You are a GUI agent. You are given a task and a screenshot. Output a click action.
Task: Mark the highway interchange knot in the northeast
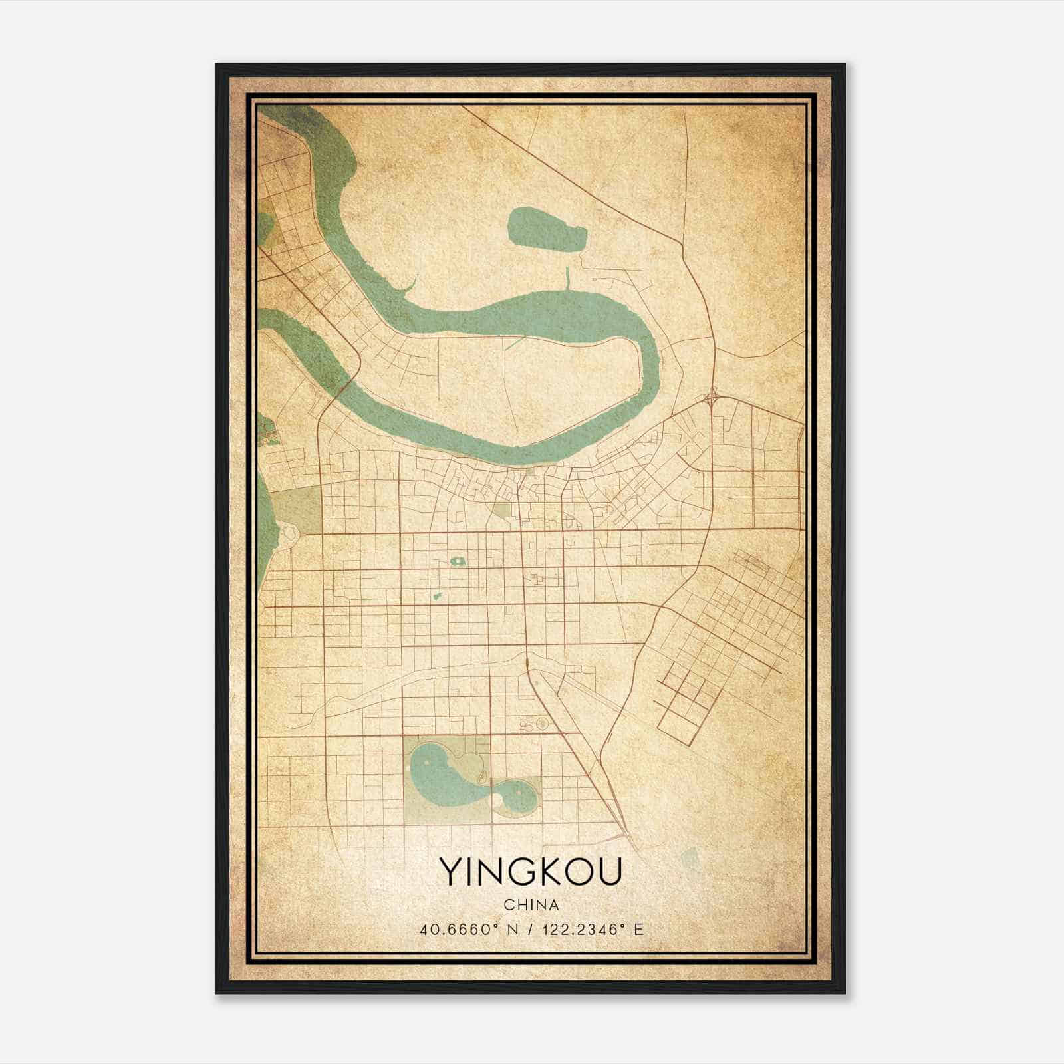pyautogui.click(x=712, y=398)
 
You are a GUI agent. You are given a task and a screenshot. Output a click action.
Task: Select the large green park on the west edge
pyautogui.click(x=296, y=508)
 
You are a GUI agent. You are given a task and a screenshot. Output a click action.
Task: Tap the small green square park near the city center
pyautogui.click(x=501, y=511)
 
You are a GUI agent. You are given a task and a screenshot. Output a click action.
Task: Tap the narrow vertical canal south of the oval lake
pyautogui.click(x=569, y=278)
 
